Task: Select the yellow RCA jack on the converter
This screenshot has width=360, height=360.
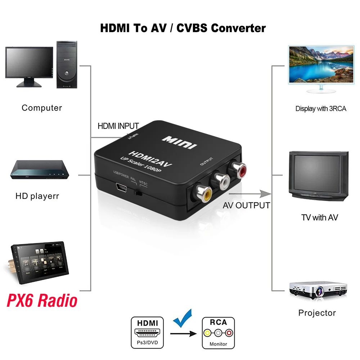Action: point(205,194)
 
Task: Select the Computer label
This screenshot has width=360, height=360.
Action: point(42,108)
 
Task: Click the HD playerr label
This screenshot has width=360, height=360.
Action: point(37,196)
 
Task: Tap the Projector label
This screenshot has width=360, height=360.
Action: point(317,313)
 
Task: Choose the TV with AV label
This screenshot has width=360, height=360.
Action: point(319,217)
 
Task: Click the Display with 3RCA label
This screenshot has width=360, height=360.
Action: point(321,108)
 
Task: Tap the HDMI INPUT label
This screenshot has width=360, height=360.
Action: point(118,126)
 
